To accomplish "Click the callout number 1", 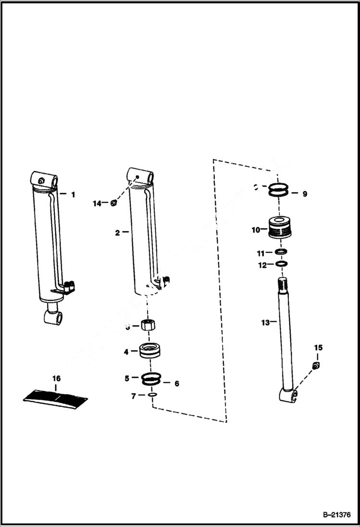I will tap(73, 195).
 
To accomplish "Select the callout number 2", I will tap(117, 233).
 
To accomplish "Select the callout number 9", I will tap(304, 194).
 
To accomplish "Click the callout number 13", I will tap(265, 322).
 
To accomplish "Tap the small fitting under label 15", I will tap(316, 366).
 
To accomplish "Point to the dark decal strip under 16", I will tap(56, 397).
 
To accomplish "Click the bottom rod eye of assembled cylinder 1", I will tap(51, 317).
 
